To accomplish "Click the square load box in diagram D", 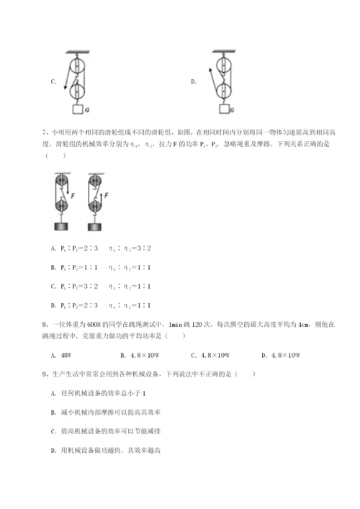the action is pos(226,110).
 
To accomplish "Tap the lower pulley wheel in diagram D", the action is pos(226,90).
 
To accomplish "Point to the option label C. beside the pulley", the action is pos(53,82).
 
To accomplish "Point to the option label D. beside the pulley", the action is pos(194,82).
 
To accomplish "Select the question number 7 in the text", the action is pos(45,133).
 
